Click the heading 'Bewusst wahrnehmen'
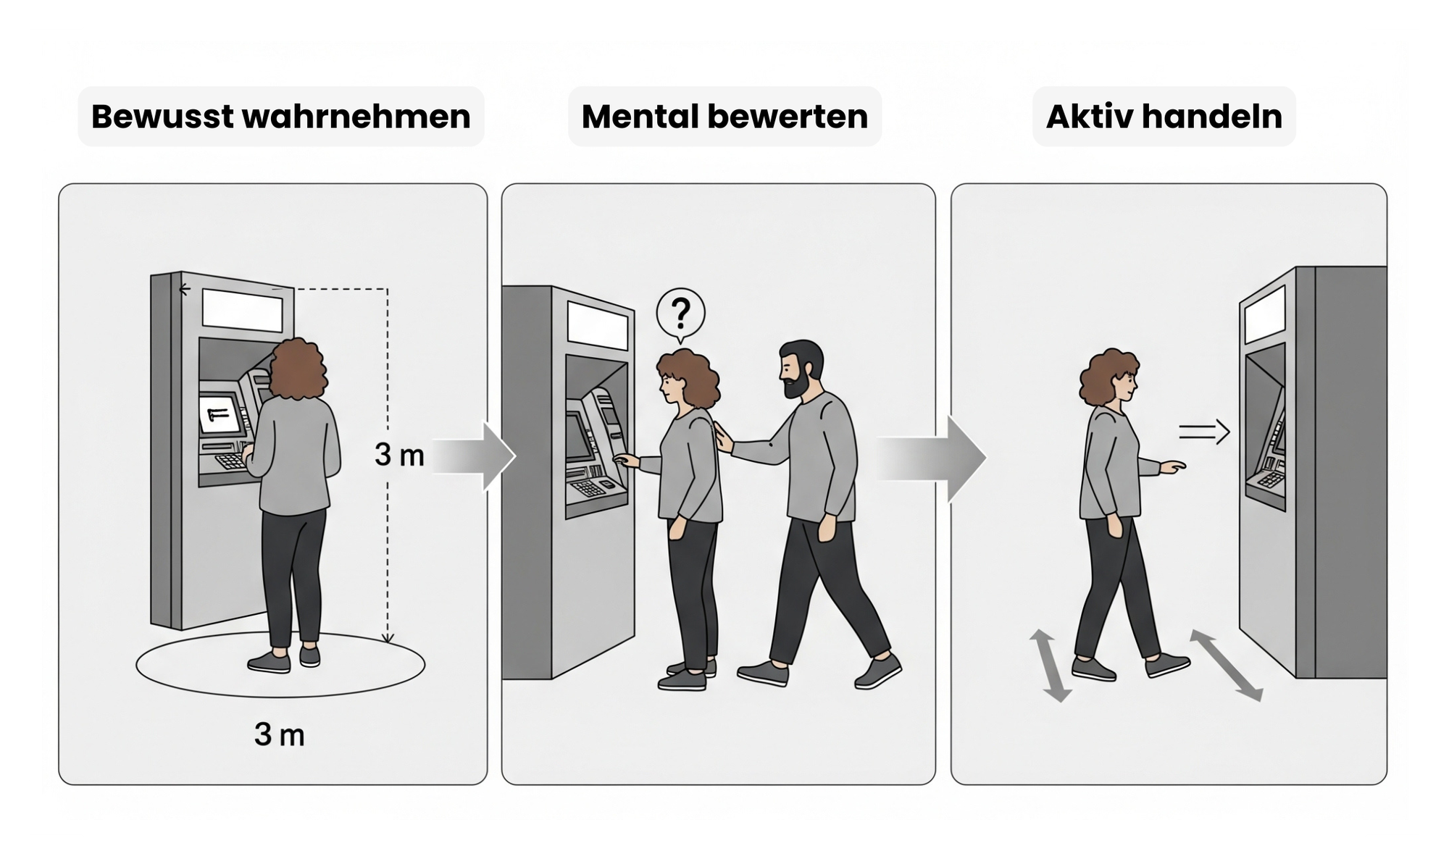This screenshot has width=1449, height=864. tap(281, 117)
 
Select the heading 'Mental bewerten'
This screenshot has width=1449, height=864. tap(724, 117)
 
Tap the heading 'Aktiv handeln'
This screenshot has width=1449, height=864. tap(1164, 117)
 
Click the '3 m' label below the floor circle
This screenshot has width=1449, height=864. tap(280, 735)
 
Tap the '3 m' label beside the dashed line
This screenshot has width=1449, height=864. tap(399, 455)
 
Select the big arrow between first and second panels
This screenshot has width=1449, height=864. tap(475, 456)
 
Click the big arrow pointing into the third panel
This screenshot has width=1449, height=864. tap(931, 458)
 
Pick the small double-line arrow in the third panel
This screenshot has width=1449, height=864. tap(1204, 432)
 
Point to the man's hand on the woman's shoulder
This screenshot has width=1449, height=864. tap(723, 438)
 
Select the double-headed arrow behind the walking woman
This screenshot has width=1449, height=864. tap(1051, 666)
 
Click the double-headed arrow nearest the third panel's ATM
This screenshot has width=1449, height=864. tap(1227, 666)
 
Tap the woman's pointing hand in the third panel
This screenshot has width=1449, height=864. tap(1172, 467)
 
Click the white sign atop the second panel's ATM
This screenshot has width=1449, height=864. tap(597, 324)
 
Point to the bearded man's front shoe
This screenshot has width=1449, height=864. tap(878, 671)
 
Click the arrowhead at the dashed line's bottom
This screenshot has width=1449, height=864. tap(388, 638)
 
